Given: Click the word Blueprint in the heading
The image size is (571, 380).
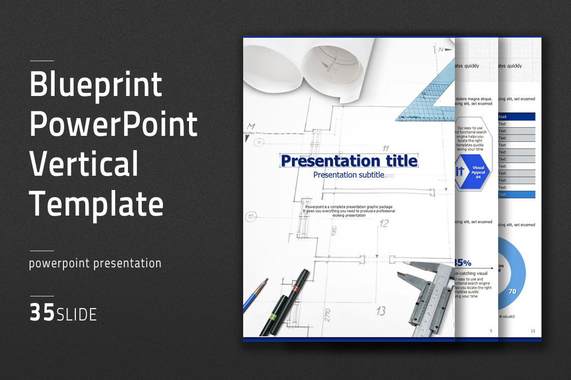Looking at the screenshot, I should pos(96,85).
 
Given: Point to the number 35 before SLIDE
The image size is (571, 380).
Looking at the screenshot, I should pos(42,313).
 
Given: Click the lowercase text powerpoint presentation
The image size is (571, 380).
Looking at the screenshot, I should pos(95,263).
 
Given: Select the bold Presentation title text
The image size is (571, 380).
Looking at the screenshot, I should pos(349,161).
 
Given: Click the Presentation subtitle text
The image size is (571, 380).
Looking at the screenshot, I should pos(349,175).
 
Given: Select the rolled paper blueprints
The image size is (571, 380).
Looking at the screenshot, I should pos(315,64).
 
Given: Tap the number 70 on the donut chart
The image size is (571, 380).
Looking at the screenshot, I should pos(512,291).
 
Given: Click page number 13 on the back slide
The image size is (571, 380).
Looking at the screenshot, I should pos(533,331).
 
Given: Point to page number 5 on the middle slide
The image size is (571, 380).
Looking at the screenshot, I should pos(491,331).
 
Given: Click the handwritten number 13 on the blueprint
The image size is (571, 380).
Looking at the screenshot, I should pos(381,311).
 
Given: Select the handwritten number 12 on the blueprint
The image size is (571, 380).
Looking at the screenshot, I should pos(384,223).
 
